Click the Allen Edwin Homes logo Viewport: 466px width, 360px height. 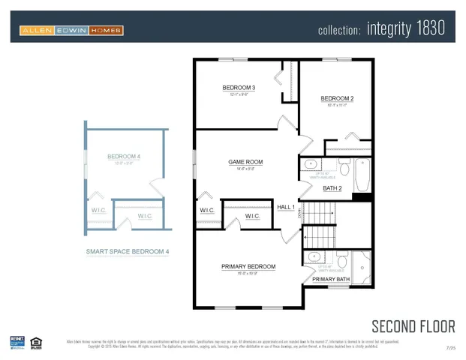[71, 31]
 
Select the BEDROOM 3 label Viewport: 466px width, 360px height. [239, 88]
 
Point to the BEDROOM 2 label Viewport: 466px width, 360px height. [337, 99]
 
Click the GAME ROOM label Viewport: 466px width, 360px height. [245, 162]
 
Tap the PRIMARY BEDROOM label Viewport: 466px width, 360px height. [248, 267]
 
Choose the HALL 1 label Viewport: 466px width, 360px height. [286, 207]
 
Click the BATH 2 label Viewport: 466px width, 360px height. [332, 188]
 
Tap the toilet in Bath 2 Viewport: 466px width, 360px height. [344, 165]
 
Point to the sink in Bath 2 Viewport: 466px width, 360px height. [311, 164]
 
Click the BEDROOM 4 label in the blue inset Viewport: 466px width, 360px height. [124, 157]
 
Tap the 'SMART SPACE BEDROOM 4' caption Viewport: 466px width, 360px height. [127, 252]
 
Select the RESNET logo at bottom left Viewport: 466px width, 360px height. [17, 342]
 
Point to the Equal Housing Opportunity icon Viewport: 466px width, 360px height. [35, 343]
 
